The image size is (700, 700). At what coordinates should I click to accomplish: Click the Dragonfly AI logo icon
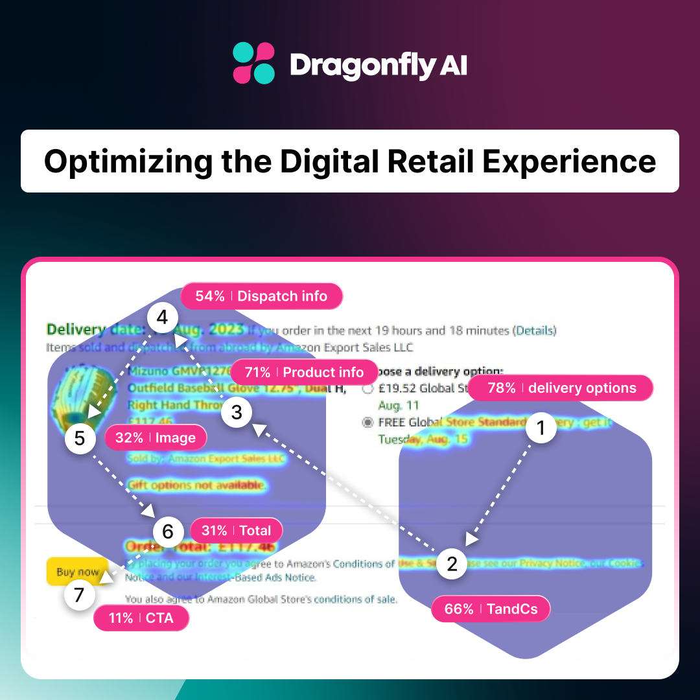coord(253,64)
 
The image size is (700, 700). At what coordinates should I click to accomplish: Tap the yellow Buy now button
coord(77,572)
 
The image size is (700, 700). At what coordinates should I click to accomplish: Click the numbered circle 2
coord(452,563)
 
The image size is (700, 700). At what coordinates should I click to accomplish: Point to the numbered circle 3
coord(237,412)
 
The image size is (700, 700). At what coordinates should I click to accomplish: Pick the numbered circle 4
coord(162,318)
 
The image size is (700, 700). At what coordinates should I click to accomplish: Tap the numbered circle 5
coord(80,438)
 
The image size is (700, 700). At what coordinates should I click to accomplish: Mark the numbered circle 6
coord(168,531)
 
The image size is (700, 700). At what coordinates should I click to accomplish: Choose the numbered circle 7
coord(80,594)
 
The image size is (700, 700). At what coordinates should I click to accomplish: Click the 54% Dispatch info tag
coord(261,296)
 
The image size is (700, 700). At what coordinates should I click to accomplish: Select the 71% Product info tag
coord(303,373)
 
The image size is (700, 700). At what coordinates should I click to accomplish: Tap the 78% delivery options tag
coord(561,388)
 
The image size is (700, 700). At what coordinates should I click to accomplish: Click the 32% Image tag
coord(155,438)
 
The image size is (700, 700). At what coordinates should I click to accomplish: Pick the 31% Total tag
coord(236,531)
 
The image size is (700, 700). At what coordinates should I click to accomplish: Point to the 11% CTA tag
coord(141,618)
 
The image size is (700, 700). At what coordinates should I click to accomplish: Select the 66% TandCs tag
coord(490,609)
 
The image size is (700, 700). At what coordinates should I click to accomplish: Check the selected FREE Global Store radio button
coord(368,422)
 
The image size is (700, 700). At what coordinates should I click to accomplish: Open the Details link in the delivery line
coord(535,331)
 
